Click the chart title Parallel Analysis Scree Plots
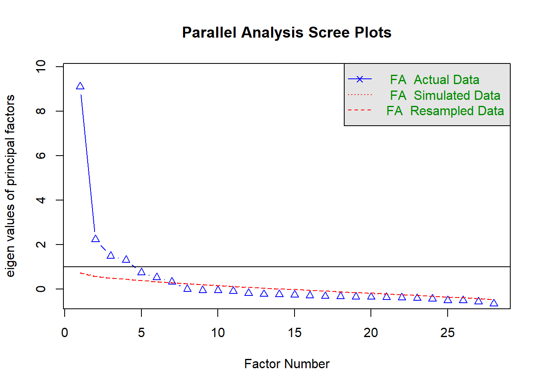(286, 32)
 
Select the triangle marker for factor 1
(80, 86)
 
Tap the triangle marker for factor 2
(95, 239)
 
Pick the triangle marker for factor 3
(111, 255)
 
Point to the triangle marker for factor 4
(126, 259)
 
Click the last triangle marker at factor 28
(494, 303)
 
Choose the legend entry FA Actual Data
(434, 80)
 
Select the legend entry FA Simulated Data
(445, 95)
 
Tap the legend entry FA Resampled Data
(445, 111)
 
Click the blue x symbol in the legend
(360, 79)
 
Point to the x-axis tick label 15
(295, 333)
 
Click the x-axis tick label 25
(448, 333)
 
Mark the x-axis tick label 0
(65, 333)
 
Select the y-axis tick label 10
(41, 66)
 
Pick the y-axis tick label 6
(41, 156)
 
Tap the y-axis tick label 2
(41, 245)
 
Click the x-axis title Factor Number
(287, 364)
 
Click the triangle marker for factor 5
(141, 272)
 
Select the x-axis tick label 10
(218, 333)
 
